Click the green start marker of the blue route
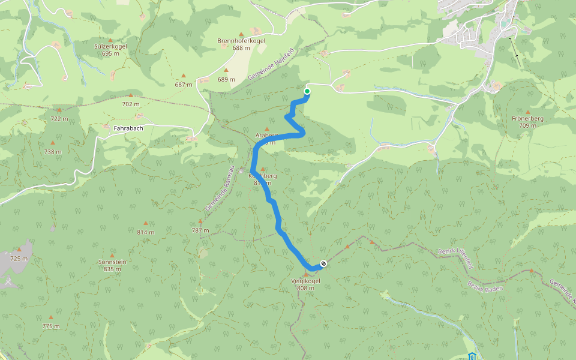(x=307, y=91)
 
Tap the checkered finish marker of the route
(x=324, y=263)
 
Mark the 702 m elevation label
(x=131, y=104)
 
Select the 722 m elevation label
(x=59, y=119)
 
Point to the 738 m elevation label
(x=53, y=152)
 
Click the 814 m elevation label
(x=145, y=232)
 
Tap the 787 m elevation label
(x=200, y=230)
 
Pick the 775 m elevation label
(x=51, y=326)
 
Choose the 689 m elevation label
(x=226, y=79)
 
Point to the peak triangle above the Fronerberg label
(x=527, y=112)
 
